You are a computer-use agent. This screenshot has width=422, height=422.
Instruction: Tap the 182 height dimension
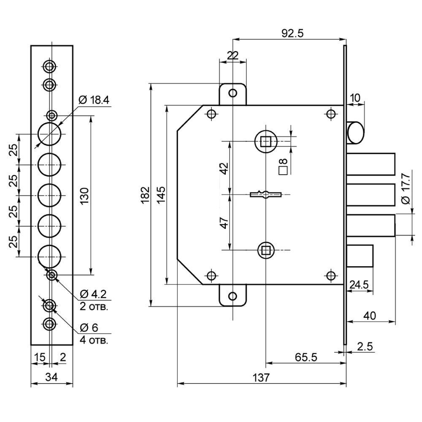144,194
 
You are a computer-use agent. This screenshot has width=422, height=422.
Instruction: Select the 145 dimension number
161,194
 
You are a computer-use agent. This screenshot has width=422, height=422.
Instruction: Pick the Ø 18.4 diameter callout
93,100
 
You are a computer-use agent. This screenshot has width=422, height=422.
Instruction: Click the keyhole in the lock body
265,195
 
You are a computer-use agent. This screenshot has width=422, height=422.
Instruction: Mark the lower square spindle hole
265,251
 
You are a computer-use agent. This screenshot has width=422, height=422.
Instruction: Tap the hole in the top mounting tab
232,93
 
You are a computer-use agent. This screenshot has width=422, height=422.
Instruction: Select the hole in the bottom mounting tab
232,296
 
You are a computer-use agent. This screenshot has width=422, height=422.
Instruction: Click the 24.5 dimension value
360,284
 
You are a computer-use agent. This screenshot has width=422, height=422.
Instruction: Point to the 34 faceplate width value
51,376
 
